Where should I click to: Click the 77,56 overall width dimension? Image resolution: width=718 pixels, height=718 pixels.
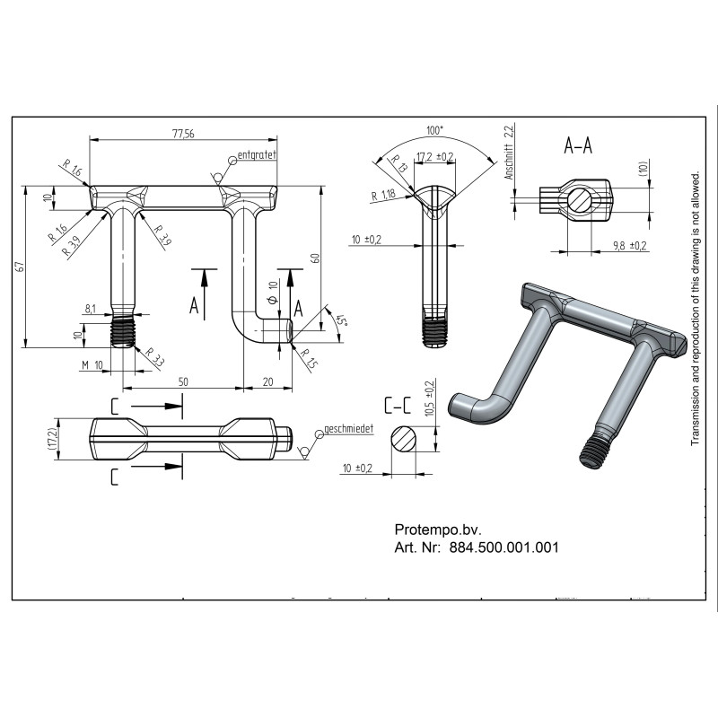pos(183,134)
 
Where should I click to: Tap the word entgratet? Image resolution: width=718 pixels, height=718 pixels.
pos(257,154)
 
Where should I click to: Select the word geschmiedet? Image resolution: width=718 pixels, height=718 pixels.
pos(348,429)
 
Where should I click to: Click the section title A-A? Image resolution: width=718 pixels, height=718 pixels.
pos(578,146)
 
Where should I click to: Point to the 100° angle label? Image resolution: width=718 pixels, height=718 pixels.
pos(435,130)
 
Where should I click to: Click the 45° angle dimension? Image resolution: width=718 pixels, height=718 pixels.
pos(341,320)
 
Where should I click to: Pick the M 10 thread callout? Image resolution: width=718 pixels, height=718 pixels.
pos(92,365)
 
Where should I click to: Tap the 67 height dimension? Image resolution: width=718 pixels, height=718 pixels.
pos(19,267)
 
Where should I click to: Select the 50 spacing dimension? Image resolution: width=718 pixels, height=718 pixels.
pos(183,381)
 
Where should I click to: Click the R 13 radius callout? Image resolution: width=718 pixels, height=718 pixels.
pos(398,163)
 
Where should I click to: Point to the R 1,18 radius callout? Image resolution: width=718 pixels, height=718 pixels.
pos(383,196)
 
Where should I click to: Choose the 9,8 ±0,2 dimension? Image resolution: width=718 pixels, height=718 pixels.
pos(630,245)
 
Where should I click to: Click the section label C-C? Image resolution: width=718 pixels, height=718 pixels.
pos(398,405)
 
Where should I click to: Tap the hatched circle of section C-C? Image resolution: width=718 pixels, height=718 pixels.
pos(404,439)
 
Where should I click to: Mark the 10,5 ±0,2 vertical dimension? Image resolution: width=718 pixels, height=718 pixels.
pos(430,398)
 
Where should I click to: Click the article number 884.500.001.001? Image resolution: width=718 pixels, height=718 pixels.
pos(504,547)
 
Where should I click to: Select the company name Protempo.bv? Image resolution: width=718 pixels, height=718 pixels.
pos(438,530)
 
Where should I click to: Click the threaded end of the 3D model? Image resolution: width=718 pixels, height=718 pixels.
pos(594,453)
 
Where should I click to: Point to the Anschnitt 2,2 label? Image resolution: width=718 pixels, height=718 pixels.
pos(509,152)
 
